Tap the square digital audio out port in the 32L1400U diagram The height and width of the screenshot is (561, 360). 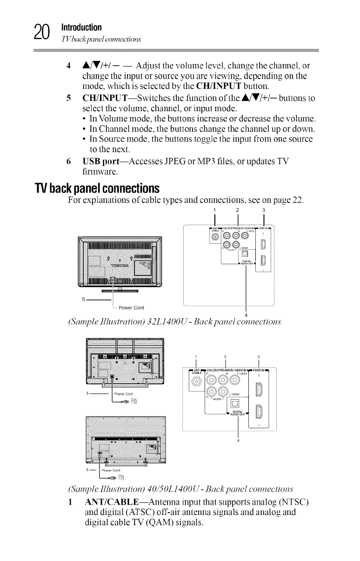[245, 254]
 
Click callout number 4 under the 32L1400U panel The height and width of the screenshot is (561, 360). [245, 310]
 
